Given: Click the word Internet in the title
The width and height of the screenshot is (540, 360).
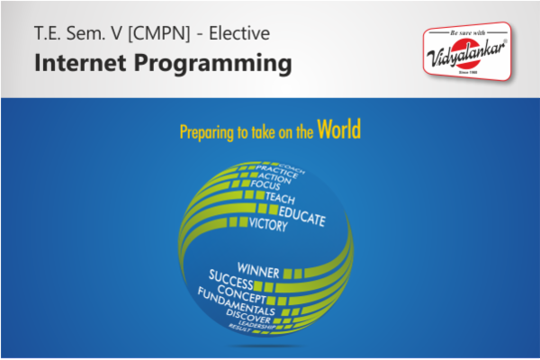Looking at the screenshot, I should [x=74, y=64].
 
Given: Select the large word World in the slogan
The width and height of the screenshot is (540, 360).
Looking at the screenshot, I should [x=338, y=130].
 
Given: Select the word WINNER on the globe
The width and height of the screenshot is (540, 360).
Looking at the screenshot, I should [x=258, y=268].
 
